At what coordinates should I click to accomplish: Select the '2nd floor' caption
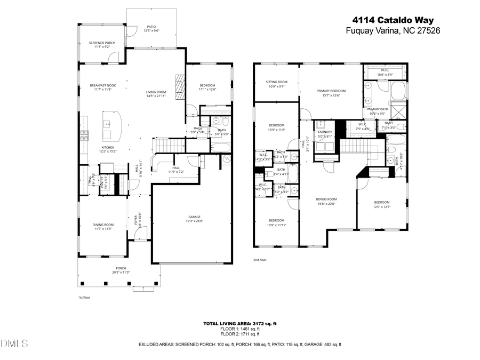[x=260, y=260]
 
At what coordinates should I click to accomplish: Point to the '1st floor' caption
[x=84, y=297]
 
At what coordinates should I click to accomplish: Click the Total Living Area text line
[x=239, y=324]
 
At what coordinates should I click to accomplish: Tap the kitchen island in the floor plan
[x=113, y=125]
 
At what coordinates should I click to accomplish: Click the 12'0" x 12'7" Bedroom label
[x=381, y=204]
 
